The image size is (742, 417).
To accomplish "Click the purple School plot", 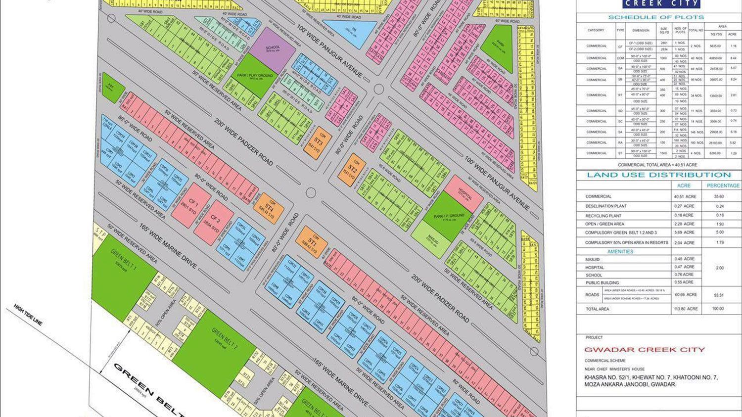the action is click(273, 49).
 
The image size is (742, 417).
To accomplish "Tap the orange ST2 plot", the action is click(352, 170).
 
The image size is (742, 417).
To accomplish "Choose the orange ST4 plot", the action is click(269, 208).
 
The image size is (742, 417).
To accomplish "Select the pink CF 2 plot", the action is click(214, 222).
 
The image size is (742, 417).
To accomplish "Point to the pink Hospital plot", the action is click(464, 193).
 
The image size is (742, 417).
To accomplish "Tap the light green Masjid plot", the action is click(431, 239).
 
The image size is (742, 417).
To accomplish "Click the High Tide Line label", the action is click(28, 315).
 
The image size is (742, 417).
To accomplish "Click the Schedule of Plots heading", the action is click(656, 17).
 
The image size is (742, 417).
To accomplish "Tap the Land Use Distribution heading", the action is click(658, 175).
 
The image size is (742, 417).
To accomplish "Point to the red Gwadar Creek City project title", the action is click(645, 350).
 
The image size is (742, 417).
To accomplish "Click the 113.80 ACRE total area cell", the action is click(686, 309).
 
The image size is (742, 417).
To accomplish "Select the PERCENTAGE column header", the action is click(723, 185).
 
